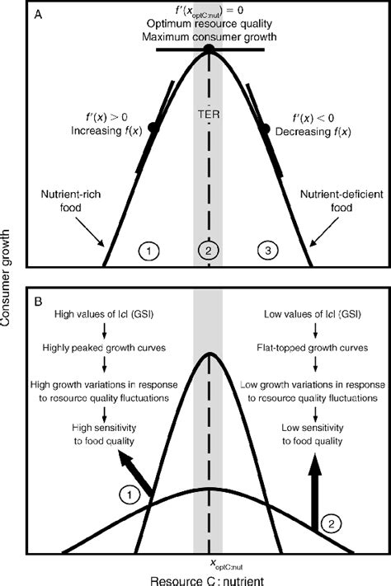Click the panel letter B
(36, 291)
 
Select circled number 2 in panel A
(209, 248)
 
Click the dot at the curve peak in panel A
(209, 50)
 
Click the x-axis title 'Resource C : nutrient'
(209, 579)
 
